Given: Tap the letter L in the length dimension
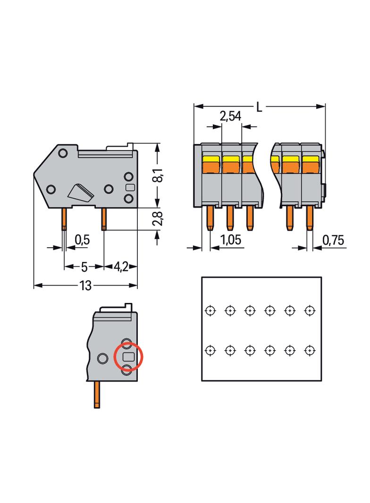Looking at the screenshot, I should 259,107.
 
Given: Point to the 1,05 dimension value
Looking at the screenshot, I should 231,241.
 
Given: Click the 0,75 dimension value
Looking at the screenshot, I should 333,241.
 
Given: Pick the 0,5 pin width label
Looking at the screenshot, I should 82,240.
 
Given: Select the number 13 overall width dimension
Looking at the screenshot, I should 85,286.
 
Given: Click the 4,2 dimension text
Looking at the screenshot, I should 121,267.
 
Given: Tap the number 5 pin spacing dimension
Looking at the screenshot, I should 84,267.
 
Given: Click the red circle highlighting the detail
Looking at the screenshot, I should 128,357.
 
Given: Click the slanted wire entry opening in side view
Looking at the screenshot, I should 81,192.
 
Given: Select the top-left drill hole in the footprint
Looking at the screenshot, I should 210,310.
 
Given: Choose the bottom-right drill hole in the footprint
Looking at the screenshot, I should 310,351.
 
